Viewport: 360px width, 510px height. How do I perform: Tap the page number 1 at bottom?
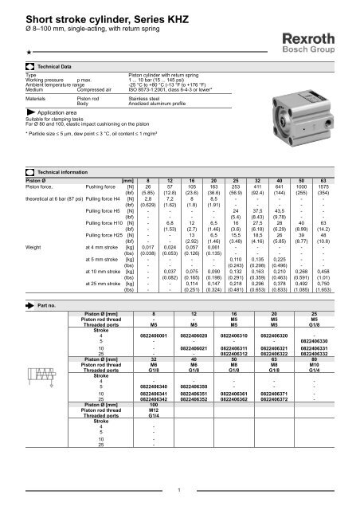pyautogui.click(x=181, y=490)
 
